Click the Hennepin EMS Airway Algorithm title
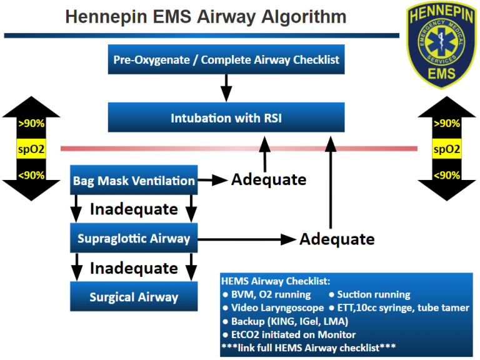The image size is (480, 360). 204,16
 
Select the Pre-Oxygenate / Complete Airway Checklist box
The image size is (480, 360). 226,60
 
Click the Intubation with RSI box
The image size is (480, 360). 226,117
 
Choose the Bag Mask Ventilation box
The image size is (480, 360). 134,181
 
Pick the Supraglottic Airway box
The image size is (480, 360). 134,238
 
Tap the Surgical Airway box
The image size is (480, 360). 134,297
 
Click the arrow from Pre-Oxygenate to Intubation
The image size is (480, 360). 226,88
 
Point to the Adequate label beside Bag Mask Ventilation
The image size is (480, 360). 269,180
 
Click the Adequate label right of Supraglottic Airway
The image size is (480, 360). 337,239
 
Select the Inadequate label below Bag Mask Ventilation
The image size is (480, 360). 134,209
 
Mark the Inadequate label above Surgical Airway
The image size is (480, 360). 134,268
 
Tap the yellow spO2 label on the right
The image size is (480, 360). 447,149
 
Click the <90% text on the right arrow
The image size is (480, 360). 447,176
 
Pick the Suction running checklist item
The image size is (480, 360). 369,294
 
